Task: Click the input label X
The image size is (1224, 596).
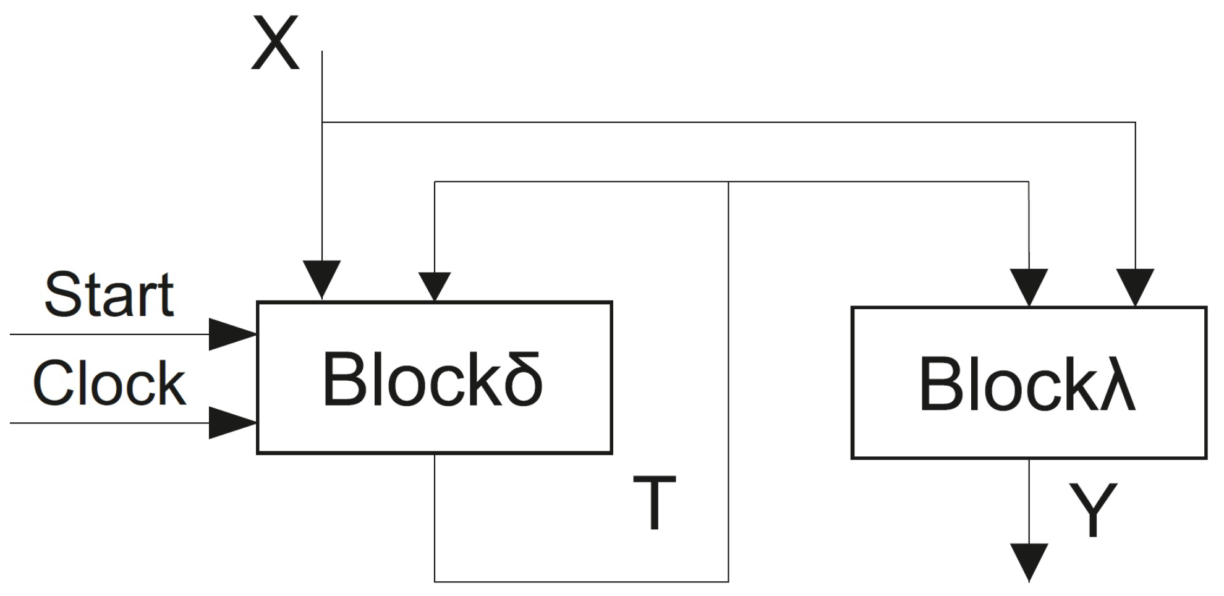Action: click(276, 44)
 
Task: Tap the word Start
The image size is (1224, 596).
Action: click(109, 295)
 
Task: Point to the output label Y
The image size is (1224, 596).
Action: click(1093, 509)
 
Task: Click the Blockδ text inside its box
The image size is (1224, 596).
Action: click(433, 379)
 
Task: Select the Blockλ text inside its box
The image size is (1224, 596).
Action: click(1027, 384)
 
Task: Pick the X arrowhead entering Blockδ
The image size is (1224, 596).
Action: click(322, 279)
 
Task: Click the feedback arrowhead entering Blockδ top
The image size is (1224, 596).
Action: click(435, 286)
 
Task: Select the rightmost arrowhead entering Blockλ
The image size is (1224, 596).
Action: click(1135, 287)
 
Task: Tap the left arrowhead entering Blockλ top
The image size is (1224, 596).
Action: click(1029, 287)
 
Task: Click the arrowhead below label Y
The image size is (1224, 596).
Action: click(1029, 561)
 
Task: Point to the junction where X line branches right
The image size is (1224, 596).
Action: click(322, 122)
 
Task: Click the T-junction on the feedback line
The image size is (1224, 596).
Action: click(729, 182)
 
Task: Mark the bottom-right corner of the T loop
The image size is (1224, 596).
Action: click(729, 581)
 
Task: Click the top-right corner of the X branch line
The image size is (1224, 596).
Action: click(1135, 122)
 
